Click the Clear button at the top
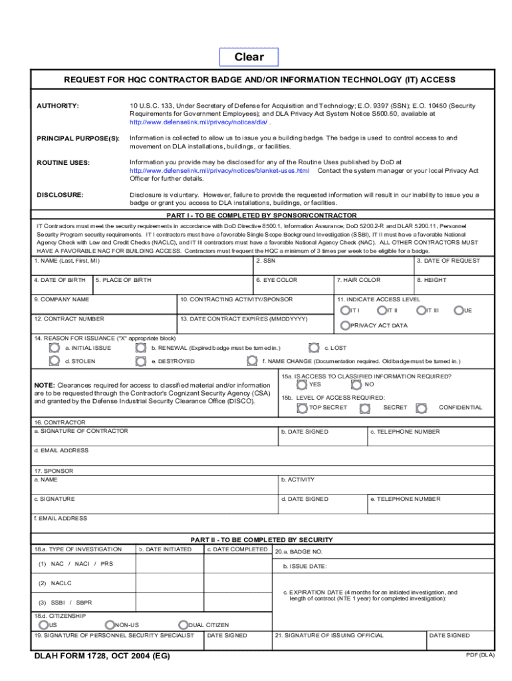coord(249,57)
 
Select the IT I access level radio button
coord(344,311)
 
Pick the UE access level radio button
coord(459,311)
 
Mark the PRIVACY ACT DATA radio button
coord(344,325)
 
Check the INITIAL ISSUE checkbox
coord(54,347)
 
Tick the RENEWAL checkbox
coord(140,347)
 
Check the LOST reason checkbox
coord(314,347)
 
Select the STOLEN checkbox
coord(54,361)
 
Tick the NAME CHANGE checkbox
coord(252,361)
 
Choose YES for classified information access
coord(302,384)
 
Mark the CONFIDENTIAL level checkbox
coord(421,407)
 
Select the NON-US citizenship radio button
coord(110,624)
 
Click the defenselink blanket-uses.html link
coord(219,171)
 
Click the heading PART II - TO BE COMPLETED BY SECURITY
coord(262,539)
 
